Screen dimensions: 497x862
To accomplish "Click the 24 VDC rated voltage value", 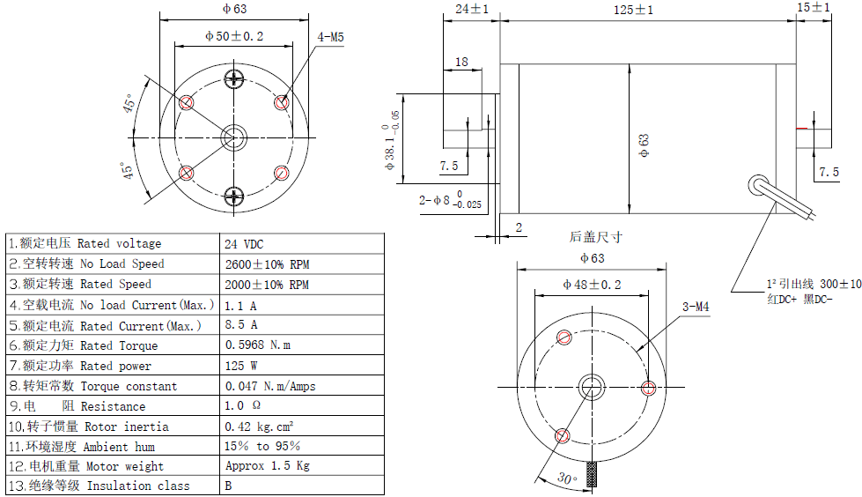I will [x=245, y=244].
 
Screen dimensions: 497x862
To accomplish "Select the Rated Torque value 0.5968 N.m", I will [x=258, y=345].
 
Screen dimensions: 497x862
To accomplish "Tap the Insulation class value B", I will [x=229, y=486].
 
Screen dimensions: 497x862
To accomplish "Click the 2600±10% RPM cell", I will [x=267, y=264].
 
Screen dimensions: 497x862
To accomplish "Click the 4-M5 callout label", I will [x=330, y=37].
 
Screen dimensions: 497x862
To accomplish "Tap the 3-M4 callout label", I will [x=696, y=308].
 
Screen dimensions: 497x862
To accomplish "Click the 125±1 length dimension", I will [x=633, y=10].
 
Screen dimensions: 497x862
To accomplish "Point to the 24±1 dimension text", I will [x=472, y=9].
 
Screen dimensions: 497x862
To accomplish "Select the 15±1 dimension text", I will [x=813, y=7].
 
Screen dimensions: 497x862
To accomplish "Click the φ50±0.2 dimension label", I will [x=233, y=36].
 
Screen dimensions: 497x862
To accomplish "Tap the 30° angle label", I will [x=567, y=479].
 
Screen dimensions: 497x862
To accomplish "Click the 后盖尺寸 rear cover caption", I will [x=596, y=236].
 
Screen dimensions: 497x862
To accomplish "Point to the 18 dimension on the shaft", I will [x=461, y=62].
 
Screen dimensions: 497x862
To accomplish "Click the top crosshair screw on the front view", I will [x=234, y=79].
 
